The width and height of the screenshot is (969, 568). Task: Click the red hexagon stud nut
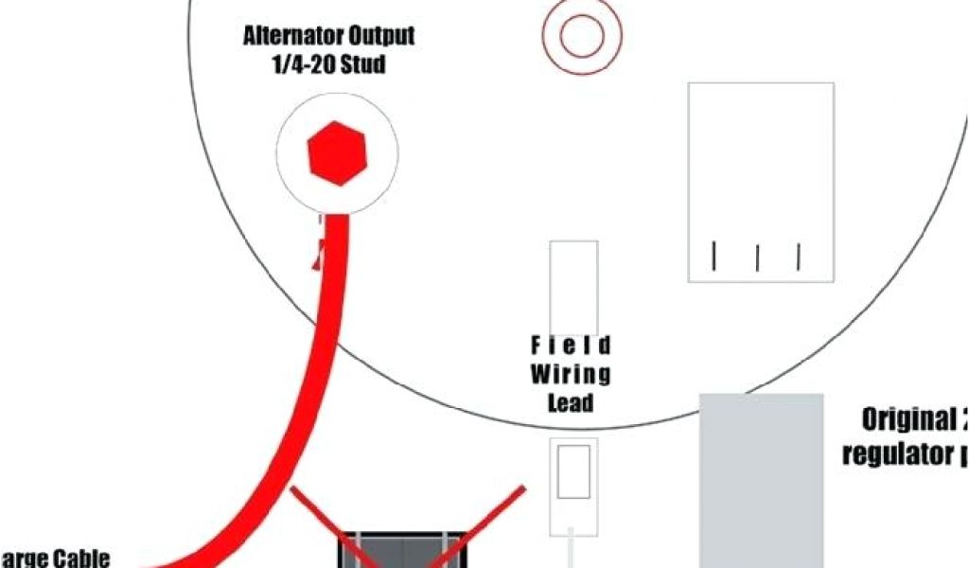[338, 151]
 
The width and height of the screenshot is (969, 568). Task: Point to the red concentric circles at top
[581, 36]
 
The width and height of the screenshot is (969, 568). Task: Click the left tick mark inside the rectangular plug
[714, 255]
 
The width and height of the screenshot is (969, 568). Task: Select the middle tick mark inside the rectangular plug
[757, 257]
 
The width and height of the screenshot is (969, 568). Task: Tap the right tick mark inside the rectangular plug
[800, 256]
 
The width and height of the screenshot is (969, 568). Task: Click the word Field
[571, 345]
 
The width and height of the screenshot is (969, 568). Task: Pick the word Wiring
[571, 373]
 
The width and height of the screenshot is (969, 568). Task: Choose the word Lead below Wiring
[571, 402]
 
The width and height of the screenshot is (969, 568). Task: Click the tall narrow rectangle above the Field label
[573, 284]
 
